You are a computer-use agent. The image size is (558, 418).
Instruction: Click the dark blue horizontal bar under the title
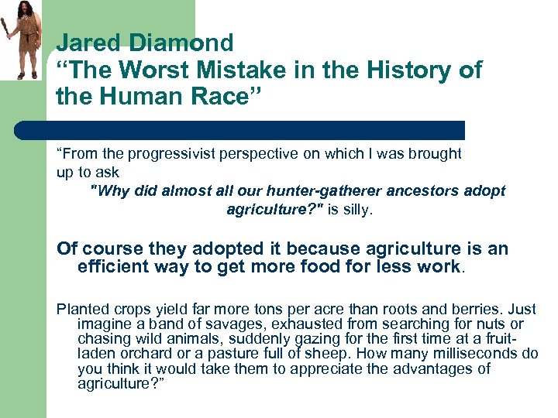(260, 129)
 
